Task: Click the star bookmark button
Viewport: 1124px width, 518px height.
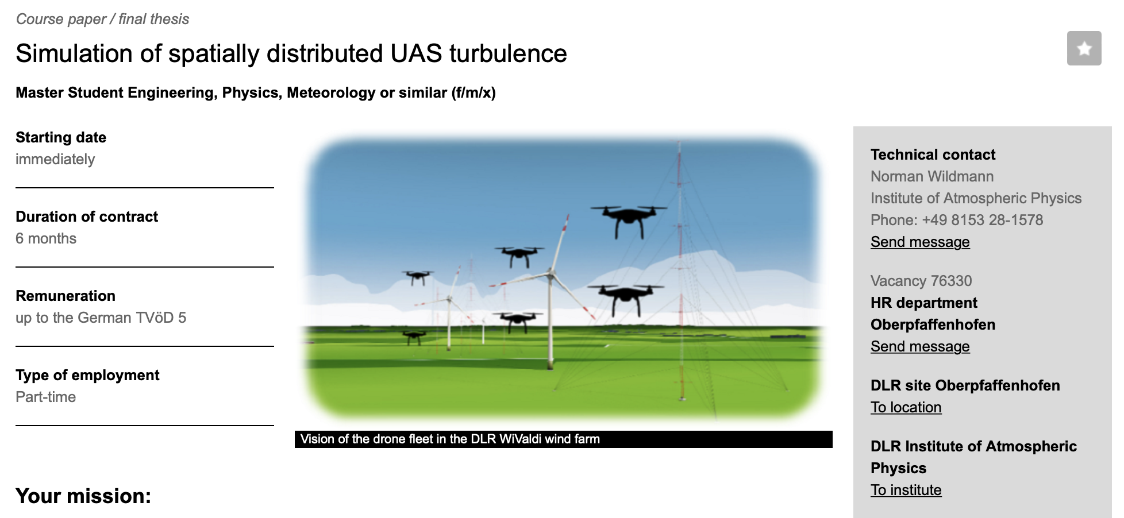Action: (1084, 48)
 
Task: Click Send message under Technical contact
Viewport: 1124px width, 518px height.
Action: (920, 242)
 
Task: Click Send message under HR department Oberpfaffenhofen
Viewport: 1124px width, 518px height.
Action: (920, 346)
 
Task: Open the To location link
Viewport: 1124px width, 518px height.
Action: (906, 407)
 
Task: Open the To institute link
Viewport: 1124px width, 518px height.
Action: (906, 490)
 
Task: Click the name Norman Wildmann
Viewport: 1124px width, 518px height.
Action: (932, 176)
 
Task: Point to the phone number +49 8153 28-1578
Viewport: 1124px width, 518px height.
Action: (983, 220)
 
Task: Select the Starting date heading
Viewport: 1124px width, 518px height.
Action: (61, 137)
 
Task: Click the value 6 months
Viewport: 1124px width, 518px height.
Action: (46, 238)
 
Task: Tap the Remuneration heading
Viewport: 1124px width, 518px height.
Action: (66, 296)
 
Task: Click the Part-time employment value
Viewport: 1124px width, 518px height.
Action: (46, 397)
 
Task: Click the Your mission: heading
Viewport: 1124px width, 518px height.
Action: (83, 496)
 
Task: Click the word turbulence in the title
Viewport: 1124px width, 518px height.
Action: (508, 53)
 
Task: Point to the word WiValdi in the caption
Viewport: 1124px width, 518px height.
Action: (521, 439)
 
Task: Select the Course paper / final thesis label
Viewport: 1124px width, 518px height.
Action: (102, 19)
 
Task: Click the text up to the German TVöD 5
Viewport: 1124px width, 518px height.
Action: (101, 318)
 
